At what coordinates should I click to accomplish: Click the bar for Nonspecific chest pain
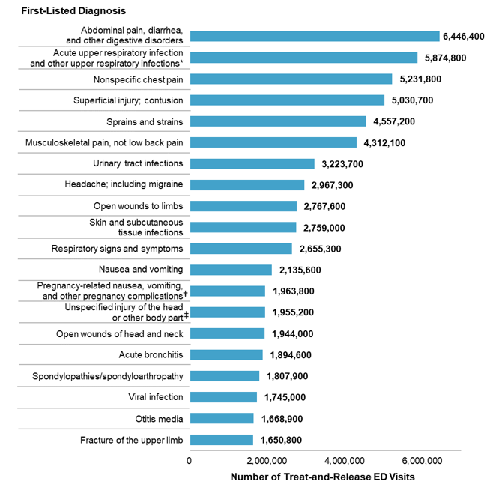coord(291,79)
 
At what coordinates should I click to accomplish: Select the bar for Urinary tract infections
coord(252,163)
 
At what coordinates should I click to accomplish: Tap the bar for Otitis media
coord(222,418)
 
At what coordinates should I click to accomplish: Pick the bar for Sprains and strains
coord(278,121)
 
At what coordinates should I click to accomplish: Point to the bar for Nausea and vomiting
coord(231,270)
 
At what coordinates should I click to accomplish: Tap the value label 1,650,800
coord(282,440)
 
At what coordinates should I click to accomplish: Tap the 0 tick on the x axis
coord(190,459)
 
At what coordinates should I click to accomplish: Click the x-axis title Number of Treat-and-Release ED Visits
coord(322,477)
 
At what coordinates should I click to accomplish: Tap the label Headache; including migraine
coord(122,184)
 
